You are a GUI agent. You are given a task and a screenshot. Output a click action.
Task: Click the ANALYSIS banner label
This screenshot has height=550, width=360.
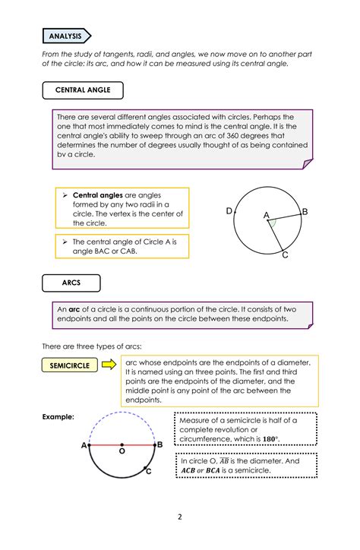[x=66, y=36]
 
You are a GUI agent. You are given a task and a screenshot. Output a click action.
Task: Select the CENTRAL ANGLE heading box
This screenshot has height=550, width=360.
[x=83, y=90]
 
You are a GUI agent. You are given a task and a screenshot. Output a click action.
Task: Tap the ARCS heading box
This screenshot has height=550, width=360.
[x=71, y=283]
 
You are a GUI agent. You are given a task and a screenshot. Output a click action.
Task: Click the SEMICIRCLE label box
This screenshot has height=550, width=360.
[x=70, y=365]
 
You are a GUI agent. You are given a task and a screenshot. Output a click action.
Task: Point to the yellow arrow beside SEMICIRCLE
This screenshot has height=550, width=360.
[x=109, y=365]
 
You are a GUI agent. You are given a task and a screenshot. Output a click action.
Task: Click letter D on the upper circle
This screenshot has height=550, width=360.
[x=229, y=210]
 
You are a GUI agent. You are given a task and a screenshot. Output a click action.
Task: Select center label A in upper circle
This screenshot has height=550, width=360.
[x=267, y=216]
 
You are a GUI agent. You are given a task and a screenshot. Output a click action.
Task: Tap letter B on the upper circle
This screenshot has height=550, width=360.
[x=305, y=211]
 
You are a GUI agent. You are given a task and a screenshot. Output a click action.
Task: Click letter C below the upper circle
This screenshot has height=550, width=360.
[x=285, y=255]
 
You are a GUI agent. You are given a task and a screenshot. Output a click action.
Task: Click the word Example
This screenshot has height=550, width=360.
[x=58, y=417]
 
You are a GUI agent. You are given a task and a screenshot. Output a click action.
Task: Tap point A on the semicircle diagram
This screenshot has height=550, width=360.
[x=84, y=445]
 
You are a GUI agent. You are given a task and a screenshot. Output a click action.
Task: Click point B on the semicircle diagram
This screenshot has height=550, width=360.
[x=159, y=445]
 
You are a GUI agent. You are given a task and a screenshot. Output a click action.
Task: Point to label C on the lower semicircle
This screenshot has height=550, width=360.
[x=149, y=472]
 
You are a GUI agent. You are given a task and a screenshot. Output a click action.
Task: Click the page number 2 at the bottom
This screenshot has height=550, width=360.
[x=180, y=517]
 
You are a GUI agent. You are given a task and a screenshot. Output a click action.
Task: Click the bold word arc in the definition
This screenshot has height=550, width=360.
[x=74, y=310]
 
